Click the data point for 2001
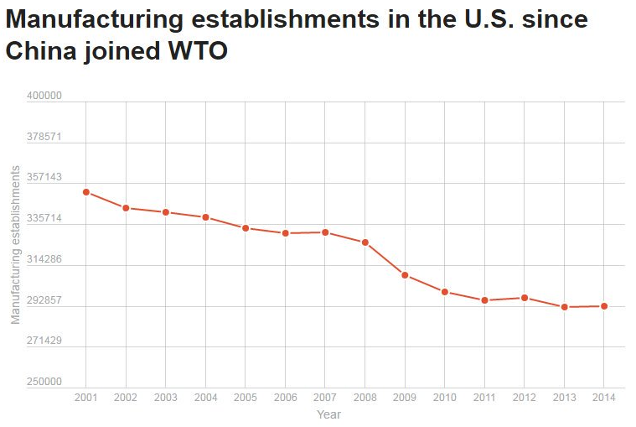(x=86, y=192)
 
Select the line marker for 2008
(x=365, y=242)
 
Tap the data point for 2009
(x=405, y=275)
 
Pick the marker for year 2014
(x=604, y=306)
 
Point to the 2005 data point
(x=246, y=228)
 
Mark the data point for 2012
(x=525, y=298)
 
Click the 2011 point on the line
(x=484, y=300)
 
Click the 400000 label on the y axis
(x=45, y=96)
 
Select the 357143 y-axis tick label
(x=45, y=178)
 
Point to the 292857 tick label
(x=45, y=300)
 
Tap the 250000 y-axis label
(x=45, y=382)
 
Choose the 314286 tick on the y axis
(x=45, y=259)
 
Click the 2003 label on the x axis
(x=166, y=397)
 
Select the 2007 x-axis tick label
(x=325, y=397)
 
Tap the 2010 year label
(x=445, y=397)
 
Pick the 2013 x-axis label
(x=564, y=397)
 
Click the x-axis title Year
(x=328, y=414)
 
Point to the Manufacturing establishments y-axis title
(x=15, y=244)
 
